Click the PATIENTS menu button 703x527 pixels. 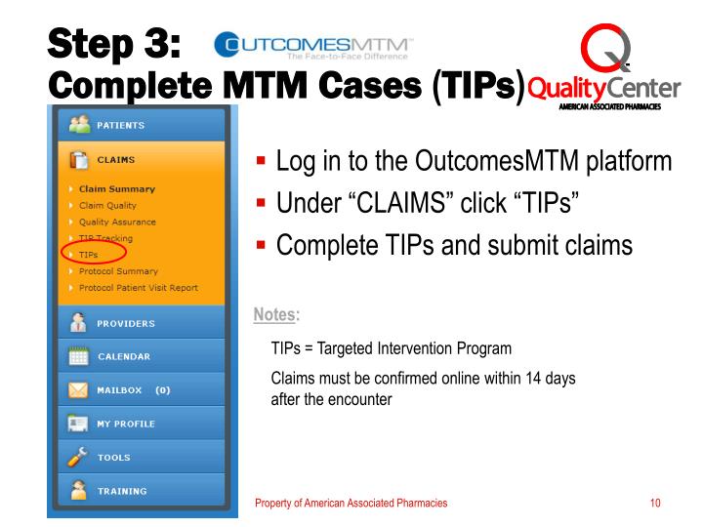(138, 125)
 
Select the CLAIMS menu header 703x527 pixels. (138, 159)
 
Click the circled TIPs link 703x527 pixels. (89, 255)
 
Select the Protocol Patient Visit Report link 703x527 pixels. (138, 287)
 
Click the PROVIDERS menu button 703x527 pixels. (138, 323)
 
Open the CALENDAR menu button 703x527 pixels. (138, 356)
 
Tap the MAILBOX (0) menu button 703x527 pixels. (138, 390)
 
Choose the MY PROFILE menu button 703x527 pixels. (138, 424)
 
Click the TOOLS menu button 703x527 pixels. (138, 457)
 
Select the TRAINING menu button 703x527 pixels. (138, 491)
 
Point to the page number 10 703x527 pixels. (655, 503)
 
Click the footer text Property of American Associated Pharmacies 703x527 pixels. (351, 503)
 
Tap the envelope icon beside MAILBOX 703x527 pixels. (75, 390)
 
